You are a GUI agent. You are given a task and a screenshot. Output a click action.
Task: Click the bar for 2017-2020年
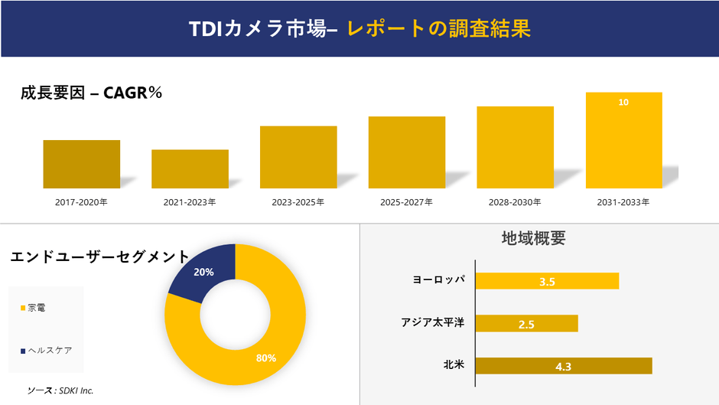point(81,164)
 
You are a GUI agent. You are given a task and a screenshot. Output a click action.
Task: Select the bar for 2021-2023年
point(190,168)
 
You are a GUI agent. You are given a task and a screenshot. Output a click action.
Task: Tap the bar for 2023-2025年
point(298,157)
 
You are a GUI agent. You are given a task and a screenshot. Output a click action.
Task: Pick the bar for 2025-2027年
point(406,152)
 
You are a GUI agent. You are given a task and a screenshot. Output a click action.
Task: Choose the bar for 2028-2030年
point(515,147)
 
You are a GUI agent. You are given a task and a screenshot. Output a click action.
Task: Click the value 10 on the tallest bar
point(623,102)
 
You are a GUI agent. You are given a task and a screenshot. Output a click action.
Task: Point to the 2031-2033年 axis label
point(623,203)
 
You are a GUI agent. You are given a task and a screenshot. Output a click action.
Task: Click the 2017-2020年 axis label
point(81,203)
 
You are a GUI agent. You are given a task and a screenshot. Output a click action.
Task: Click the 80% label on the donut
point(266,358)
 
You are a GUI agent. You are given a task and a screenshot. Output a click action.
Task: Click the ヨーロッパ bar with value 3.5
point(547,281)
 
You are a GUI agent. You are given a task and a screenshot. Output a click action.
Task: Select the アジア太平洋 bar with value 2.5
point(526,324)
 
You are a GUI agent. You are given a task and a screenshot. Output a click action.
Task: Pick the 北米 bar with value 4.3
point(564,366)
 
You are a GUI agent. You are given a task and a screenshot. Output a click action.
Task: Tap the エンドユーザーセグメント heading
point(99,257)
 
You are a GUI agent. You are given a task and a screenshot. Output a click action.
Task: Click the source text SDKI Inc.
point(60,390)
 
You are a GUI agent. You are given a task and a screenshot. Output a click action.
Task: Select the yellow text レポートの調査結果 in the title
point(438,29)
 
